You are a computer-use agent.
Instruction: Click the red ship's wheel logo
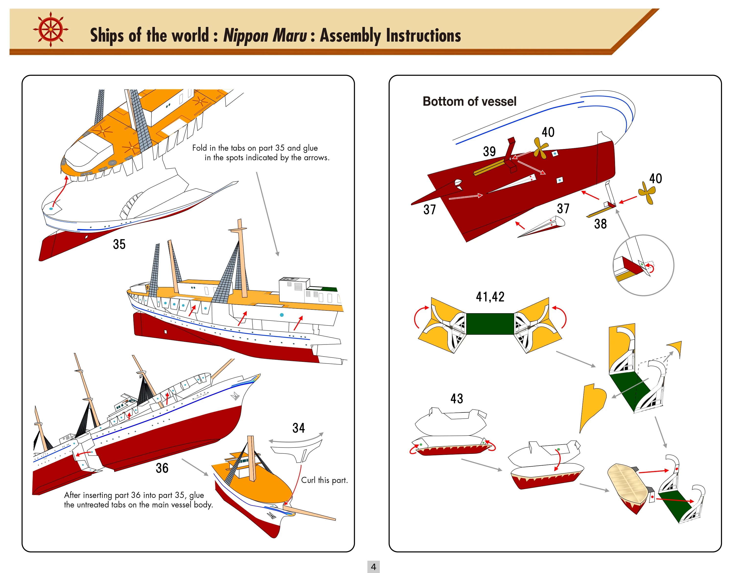[50, 29]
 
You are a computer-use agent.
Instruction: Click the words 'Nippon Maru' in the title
[265, 35]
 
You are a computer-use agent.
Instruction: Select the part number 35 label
[119, 244]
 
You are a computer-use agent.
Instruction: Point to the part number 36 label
[162, 468]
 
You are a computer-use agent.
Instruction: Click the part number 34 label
[299, 428]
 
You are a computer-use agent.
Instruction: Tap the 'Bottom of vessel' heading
[469, 101]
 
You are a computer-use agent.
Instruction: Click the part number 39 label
[489, 151]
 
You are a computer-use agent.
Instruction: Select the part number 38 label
[600, 224]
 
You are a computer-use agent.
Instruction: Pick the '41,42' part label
[490, 297]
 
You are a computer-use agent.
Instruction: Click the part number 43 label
[457, 398]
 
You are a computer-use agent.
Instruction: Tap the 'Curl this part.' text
[324, 480]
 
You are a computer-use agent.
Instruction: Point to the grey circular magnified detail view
[643, 265]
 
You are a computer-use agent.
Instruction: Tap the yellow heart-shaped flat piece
[592, 404]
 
